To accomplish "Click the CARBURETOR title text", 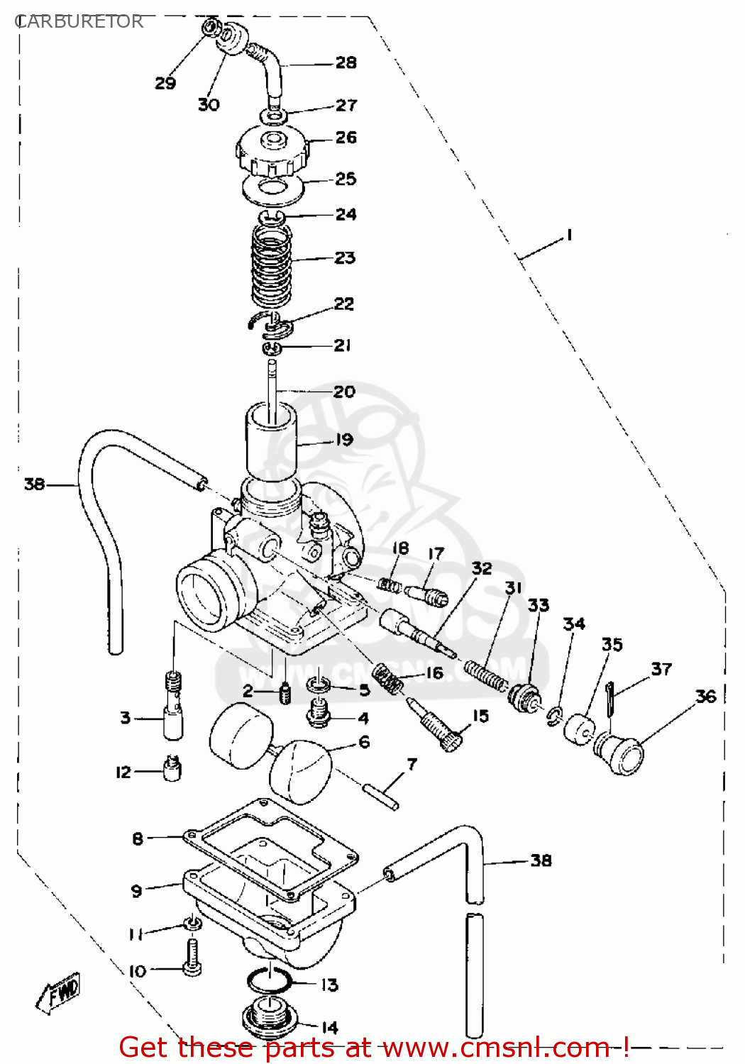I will click(79, 22).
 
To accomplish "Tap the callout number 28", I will click(346, 63).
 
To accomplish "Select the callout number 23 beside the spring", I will click(345, 258).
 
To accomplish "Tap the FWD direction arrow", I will click(59, 992).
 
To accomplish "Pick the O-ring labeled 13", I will click(269, 982).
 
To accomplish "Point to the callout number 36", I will click(705, 697).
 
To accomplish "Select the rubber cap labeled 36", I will click(619, 753).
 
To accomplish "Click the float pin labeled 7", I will click(380, 796).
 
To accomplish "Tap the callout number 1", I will click(568, 235).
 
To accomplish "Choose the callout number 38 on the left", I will click(34, 484).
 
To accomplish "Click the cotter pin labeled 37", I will click(611, 699).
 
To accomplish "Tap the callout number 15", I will click(480, 716).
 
